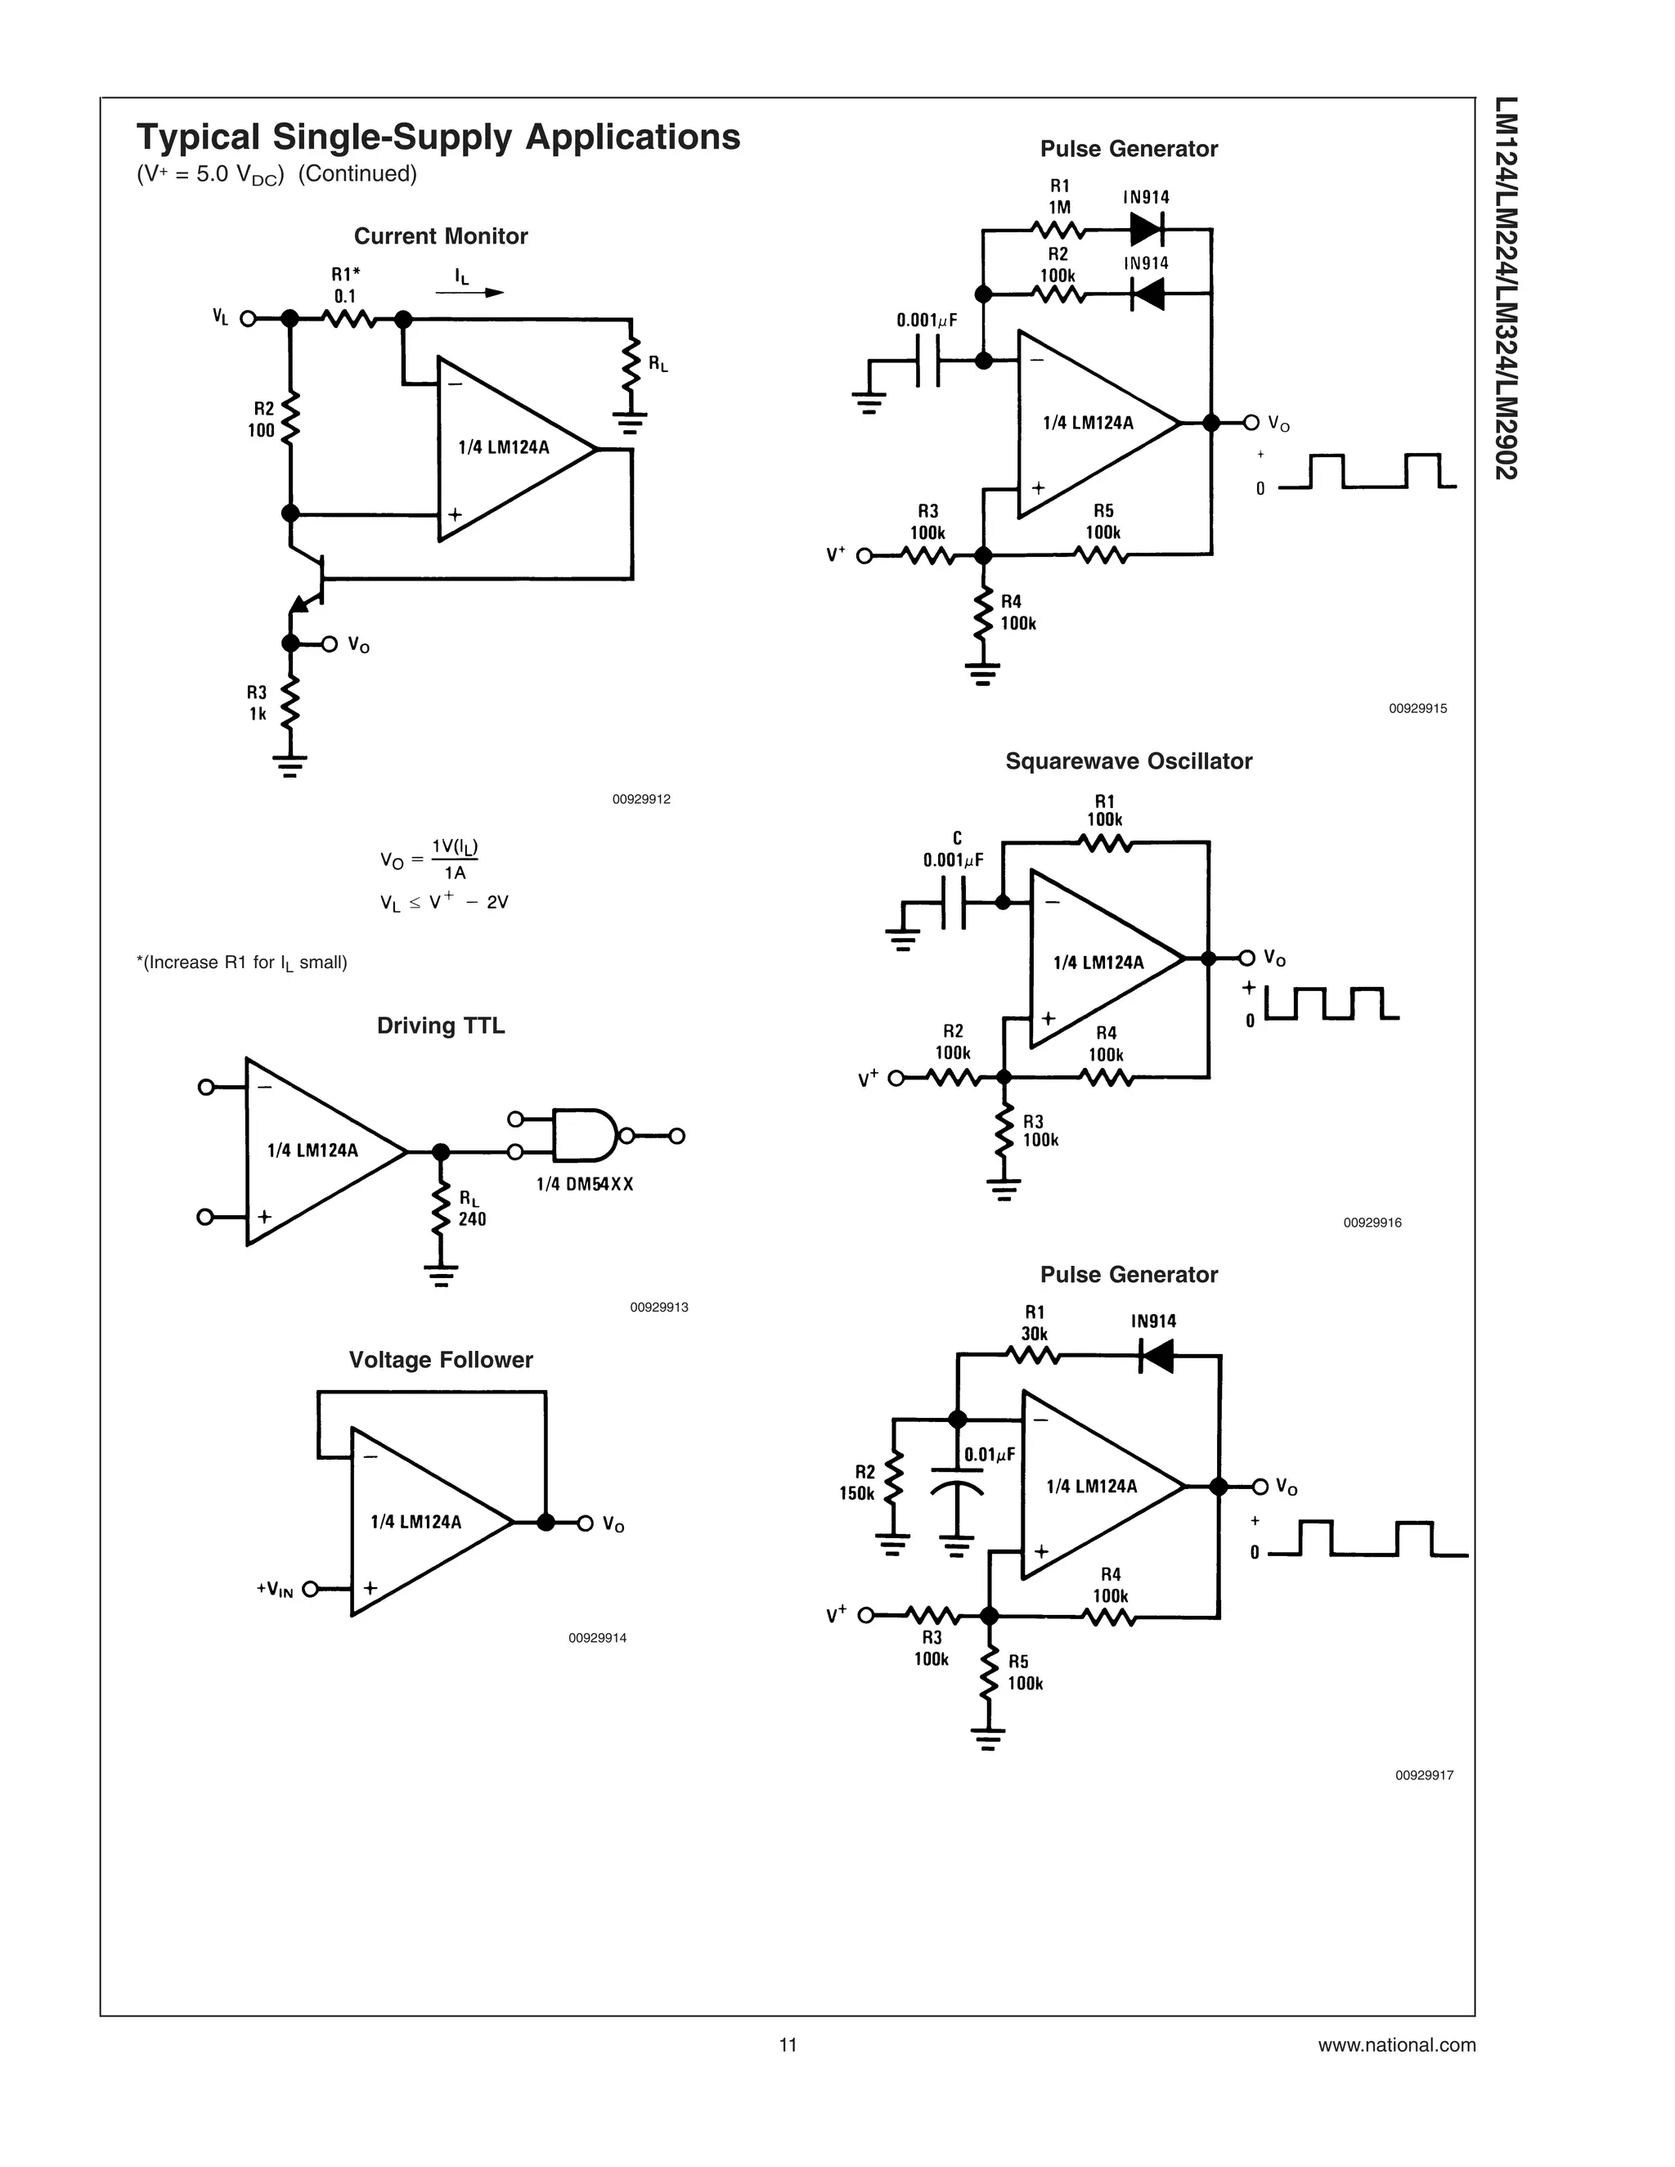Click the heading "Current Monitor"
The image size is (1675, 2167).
coord(441,236)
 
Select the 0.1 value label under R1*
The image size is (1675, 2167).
coord(344,296)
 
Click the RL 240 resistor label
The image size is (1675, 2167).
coord(471,1210)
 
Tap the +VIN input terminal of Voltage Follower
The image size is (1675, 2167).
coord(311,1589)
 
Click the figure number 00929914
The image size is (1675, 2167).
coord(596,1638)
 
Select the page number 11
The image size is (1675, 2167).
coord(788,2045)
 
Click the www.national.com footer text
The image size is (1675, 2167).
coord(1396,2045)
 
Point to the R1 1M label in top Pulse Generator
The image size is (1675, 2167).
coord(1059,196)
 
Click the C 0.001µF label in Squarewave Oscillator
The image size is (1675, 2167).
coord(954,850)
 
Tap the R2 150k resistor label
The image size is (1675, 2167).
coord(858,1483)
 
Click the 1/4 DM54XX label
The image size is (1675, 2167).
coord(585,1184)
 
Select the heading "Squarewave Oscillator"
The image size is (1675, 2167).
coord(1128,761)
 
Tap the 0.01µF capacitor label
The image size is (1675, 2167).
coord(990,1456)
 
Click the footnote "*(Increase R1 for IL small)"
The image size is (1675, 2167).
coord(241,962)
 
